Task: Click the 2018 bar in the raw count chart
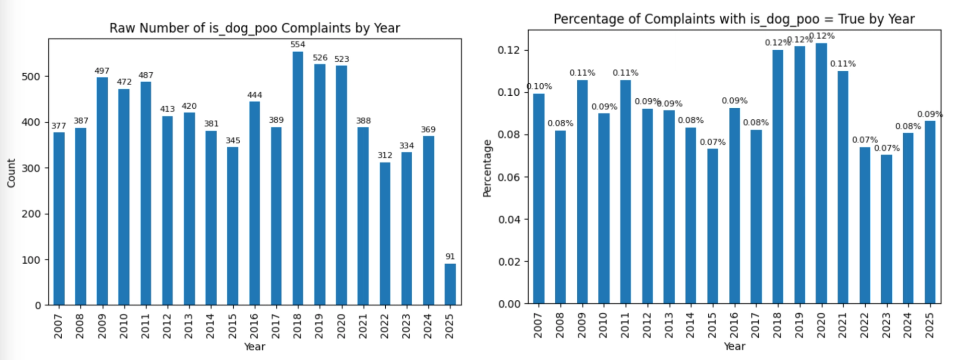pyautogui.click(x=298, y=178)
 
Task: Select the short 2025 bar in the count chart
pyautogui.click(x=450, y=284)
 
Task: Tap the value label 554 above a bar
pyautogui.click(x=298, y=45)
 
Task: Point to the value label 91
pyautogui.click(x=450, y=257)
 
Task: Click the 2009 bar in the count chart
pyautogui.click(x=102, y=191)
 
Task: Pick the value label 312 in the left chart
pyautogui.click(x=385, y=155)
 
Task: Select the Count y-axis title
pyautogui.click(x=12, y=173)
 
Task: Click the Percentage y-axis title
pyautogui.click(x=487, y=168)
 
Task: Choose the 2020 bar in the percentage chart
pyautogui.click(x=821, y=173)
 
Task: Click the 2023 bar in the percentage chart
pyautogui.click(x=886, y=229)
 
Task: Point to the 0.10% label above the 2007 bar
pyautogui.click(x=539, y=86)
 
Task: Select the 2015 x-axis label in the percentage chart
pyautogui.click(x=713, y=325)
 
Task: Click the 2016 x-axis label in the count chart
pyautogui.click(x=254, y=326)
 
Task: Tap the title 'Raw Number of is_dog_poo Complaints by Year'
pyautogui.click(x=254, y=28)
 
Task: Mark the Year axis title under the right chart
pyautogui.click(x=734, y=346)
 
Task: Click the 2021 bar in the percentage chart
pyautogui.click(x=843, y=187)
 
